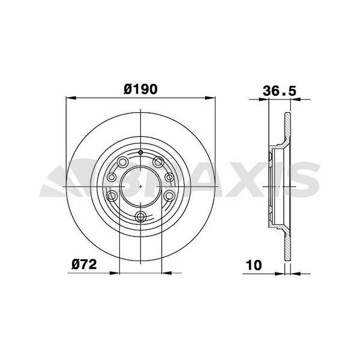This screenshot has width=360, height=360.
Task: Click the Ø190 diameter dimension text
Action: [140, 88]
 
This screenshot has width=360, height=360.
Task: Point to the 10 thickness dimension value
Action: [254, 264]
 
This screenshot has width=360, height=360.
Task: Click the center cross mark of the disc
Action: [140, 186]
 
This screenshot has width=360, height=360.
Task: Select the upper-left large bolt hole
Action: [122, 161]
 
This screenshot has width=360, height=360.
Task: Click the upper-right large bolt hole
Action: [159, 161]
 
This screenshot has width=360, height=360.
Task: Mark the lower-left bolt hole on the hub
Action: [112, 196]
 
